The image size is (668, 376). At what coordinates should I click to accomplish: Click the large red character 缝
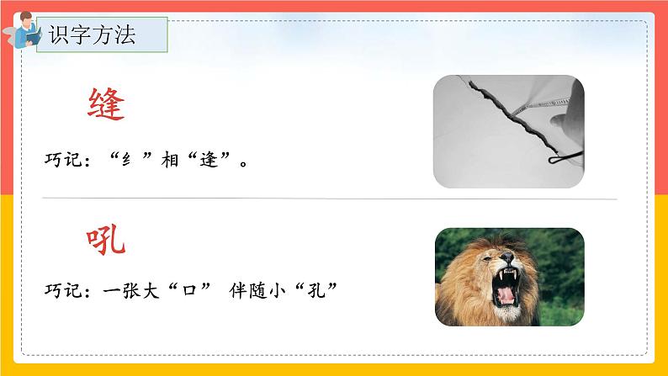pos(107,106)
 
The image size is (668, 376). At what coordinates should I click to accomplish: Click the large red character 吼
pos(107,241)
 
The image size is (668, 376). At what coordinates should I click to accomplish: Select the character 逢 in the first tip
pos(208,157)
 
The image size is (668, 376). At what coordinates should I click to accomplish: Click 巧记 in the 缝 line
pos(63,157)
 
